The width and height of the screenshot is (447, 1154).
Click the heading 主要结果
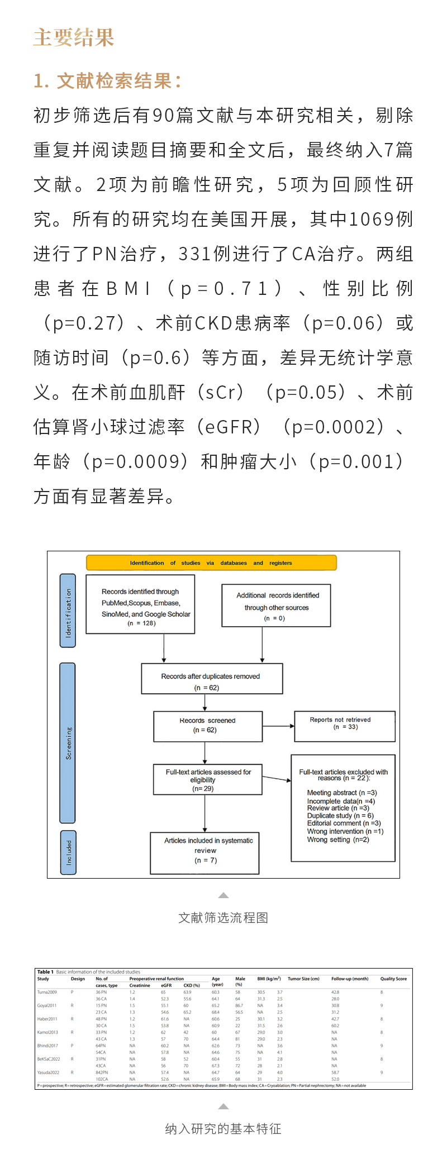(x=74, y=38)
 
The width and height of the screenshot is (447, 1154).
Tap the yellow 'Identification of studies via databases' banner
(x=211, y=562)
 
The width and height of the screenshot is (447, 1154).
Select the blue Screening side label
(x=68, y=743)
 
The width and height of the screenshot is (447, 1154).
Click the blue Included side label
(x=68, y=852)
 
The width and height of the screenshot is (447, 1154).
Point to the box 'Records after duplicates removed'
(x=212, y=679)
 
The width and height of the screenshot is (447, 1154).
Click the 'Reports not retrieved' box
(x=344, y=726)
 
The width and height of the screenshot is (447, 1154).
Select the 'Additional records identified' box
(x=277, y=605)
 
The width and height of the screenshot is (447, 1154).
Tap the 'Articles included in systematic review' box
(x=205, y=853)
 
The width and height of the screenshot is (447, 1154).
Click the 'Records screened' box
(x=208, y=726)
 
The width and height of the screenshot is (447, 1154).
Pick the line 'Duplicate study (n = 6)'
(x=340, y=816)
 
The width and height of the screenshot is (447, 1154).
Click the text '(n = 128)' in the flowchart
(x=142, y=623)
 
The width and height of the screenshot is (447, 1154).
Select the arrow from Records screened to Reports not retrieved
(x=278, y=726)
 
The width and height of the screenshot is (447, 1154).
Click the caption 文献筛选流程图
(x=223, y=918)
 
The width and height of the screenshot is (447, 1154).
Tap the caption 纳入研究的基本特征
(x=223, y=1129)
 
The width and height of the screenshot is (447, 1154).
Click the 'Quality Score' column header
(x=393, y=979)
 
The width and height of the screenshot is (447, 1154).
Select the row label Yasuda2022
(x=48, y=1072)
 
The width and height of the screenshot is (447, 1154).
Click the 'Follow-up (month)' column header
(x=350, y=979)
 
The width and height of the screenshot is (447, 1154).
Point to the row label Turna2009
(x=47, y=992)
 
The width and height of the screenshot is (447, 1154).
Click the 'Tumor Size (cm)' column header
(x=303, y=979)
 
